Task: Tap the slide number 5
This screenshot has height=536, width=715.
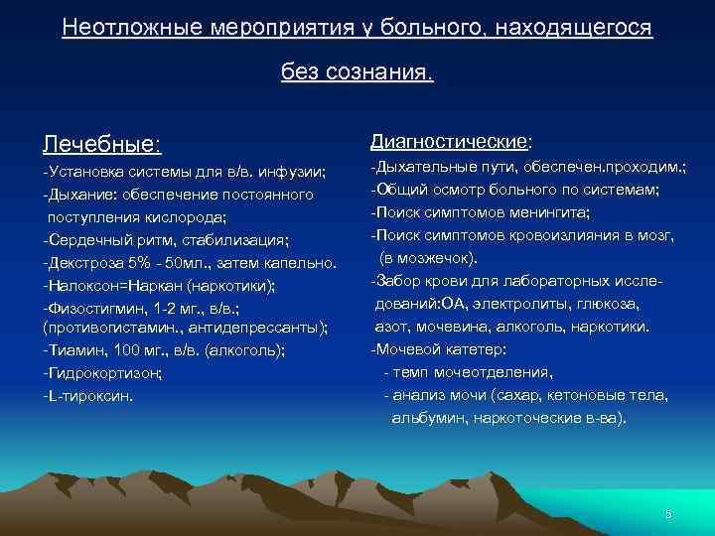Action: tap(668, 514)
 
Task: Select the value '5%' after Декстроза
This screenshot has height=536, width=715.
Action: tap(134, 262)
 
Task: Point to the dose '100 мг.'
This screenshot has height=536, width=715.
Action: tap(147, 349)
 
